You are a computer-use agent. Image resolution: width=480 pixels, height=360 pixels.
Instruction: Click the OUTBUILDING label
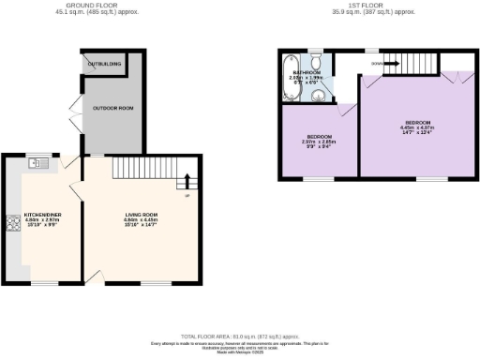(105, 64)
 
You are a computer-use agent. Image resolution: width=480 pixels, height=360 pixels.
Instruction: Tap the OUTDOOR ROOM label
(113, 109)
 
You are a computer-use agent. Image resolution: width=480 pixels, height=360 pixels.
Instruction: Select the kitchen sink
(37, 163)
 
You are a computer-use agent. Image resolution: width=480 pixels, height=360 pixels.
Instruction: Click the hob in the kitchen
(14, 224)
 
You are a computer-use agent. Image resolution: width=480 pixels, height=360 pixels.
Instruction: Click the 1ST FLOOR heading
(361, 5)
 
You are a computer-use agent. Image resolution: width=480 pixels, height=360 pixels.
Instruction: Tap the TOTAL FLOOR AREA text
(240, 336)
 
